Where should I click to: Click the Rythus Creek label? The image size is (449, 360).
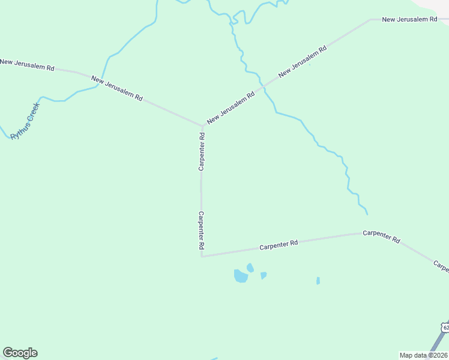click(x=25, y=121)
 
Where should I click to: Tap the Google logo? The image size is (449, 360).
click(x=20, y=353)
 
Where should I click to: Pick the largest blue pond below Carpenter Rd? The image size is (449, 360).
click(x=241, y=276)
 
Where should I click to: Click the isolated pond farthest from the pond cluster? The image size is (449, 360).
click(x=318, y=280)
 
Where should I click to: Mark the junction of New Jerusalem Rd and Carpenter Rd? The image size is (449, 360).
click(x=202, y=126)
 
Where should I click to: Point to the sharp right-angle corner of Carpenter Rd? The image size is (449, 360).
click(x=202, y=256)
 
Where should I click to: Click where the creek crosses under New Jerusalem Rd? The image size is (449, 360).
click(x=260, y=90)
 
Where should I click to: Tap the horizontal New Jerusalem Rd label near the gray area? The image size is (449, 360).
click(x=409, y=20)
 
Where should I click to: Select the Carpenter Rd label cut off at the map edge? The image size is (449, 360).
click(x=441, y=266)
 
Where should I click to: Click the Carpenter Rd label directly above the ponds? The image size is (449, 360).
click(x=279, y=245)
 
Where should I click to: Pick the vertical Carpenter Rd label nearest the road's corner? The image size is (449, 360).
click(x=202, y=230)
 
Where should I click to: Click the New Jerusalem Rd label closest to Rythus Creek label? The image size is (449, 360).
click(x=28, y=65)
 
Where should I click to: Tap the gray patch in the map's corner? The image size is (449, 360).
click(x=439, y=6)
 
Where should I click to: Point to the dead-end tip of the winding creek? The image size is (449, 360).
click(x=367, y=214)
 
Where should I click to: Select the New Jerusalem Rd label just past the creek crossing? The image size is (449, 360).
click(x=303, y=61)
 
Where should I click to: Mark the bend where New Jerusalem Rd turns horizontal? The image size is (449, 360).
click(x=371, y=20)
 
